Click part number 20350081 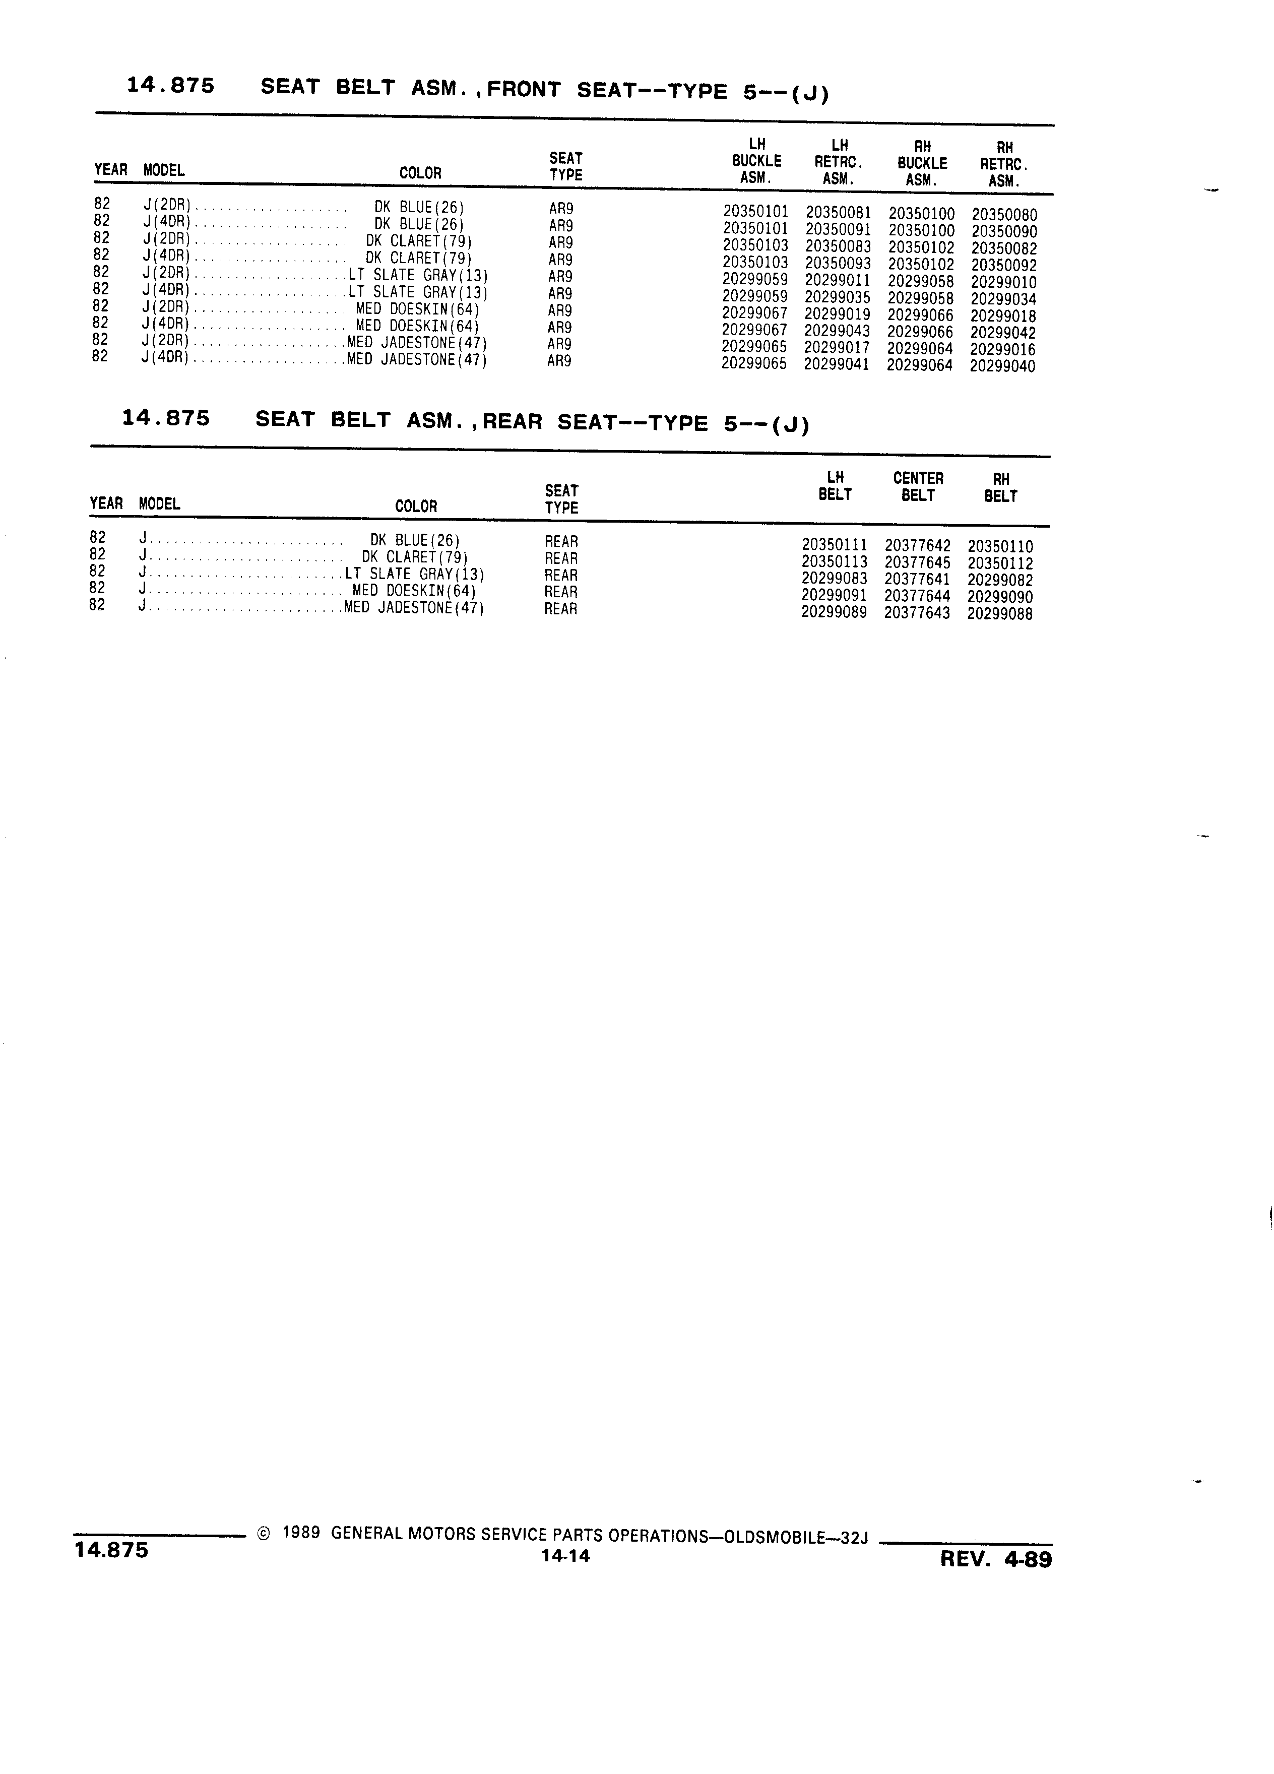click(839, 213)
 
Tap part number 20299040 click(1003, 366)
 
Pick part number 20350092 click(1004, 265)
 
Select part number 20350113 click(835, 561)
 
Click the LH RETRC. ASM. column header click(839, 162)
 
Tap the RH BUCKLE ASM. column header click(922, 163)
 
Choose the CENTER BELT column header click(918, 486)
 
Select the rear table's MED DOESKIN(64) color click(414, 591)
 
